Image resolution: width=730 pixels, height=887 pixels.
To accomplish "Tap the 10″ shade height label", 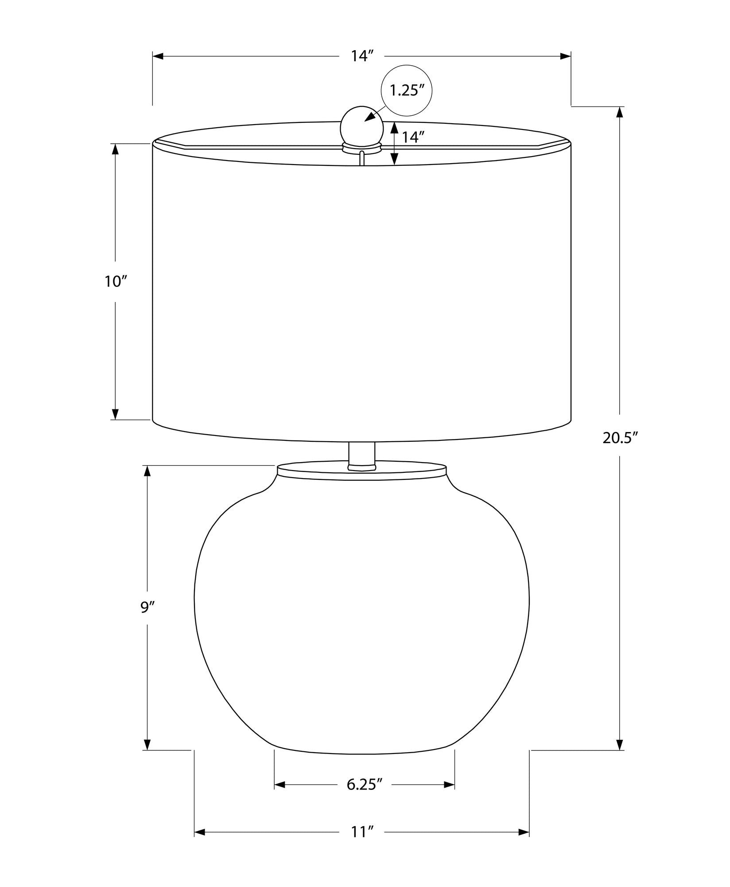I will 116,281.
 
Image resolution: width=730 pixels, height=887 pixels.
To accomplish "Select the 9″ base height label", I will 147,607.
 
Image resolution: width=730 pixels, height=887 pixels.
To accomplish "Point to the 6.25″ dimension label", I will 364,785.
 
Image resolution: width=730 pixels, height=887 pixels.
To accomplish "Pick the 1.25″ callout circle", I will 406,91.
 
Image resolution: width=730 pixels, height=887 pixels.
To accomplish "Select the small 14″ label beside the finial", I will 410,137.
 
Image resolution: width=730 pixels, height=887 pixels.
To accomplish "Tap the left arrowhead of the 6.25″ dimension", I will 280,785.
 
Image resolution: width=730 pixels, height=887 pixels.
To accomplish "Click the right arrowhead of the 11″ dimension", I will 524,832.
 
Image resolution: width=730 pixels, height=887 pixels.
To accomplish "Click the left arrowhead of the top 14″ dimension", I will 158,56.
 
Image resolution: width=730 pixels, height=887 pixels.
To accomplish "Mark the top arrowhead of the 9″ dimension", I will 147,471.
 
